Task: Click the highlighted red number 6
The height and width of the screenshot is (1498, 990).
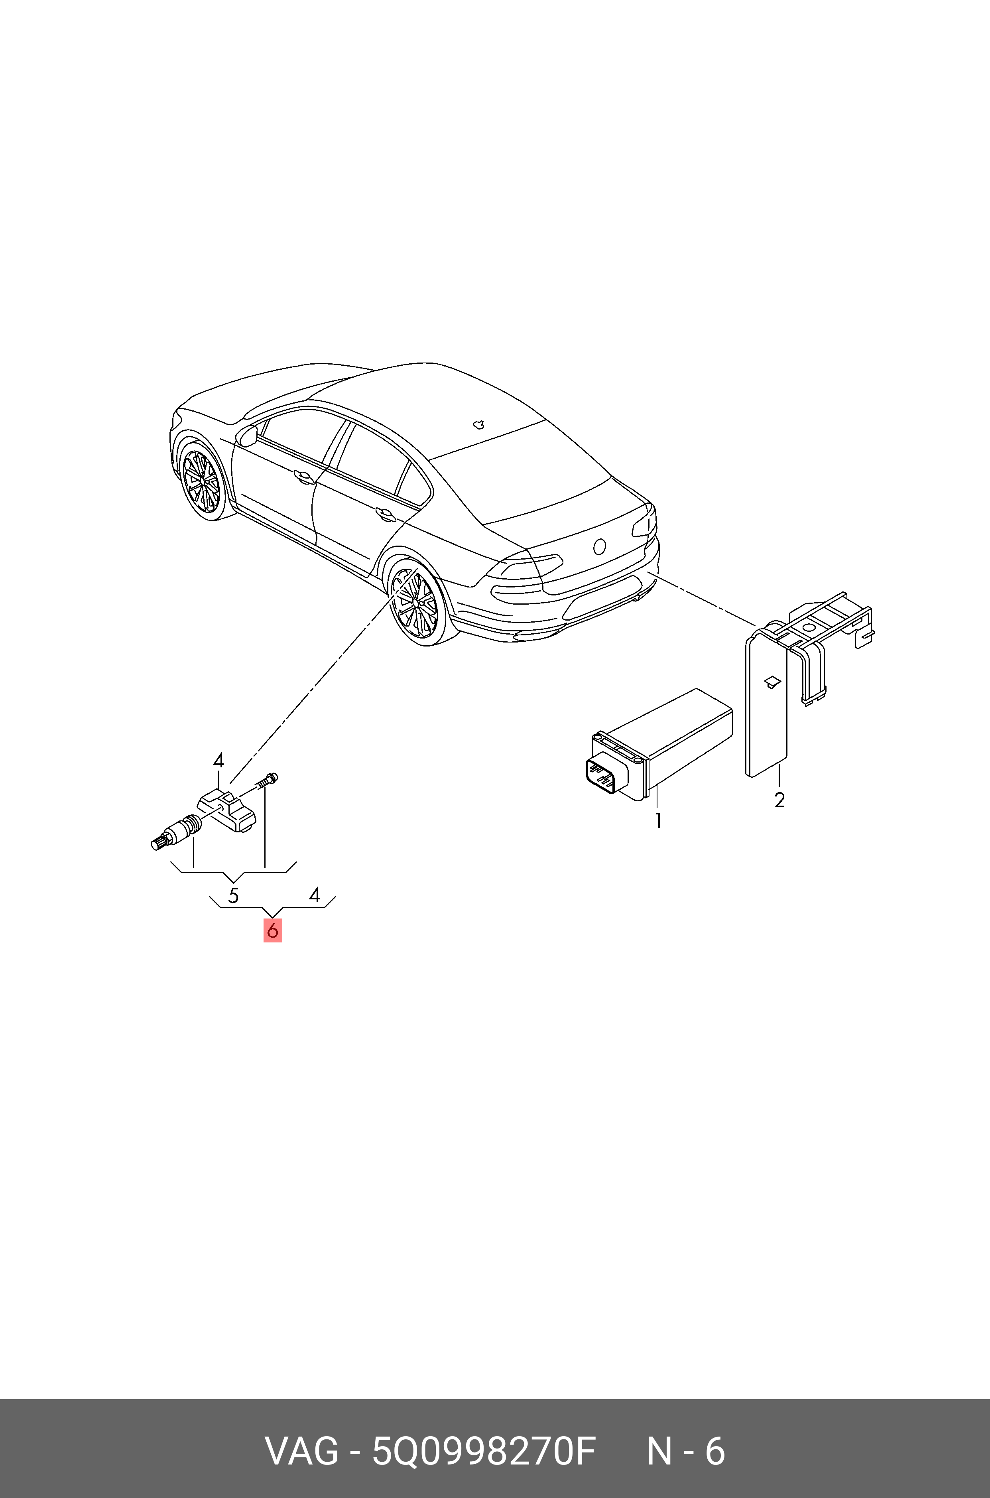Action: (x=273, y=931)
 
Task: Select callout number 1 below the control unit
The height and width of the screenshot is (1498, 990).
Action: (x=658, y=821)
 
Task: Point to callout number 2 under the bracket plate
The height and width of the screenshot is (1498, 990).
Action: (x=780, y=800)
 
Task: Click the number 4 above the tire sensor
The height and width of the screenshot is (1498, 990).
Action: (x=218, y=761)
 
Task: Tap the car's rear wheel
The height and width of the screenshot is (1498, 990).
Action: (x=416, y=603)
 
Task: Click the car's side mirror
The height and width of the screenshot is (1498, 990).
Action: (x=247, y=436)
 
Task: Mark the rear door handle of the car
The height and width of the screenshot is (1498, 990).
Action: (x=385, y=514)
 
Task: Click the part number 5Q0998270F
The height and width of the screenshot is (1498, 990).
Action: (x=484, y=1452)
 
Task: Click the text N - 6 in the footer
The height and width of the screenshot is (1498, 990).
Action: (x=686, y=1452)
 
